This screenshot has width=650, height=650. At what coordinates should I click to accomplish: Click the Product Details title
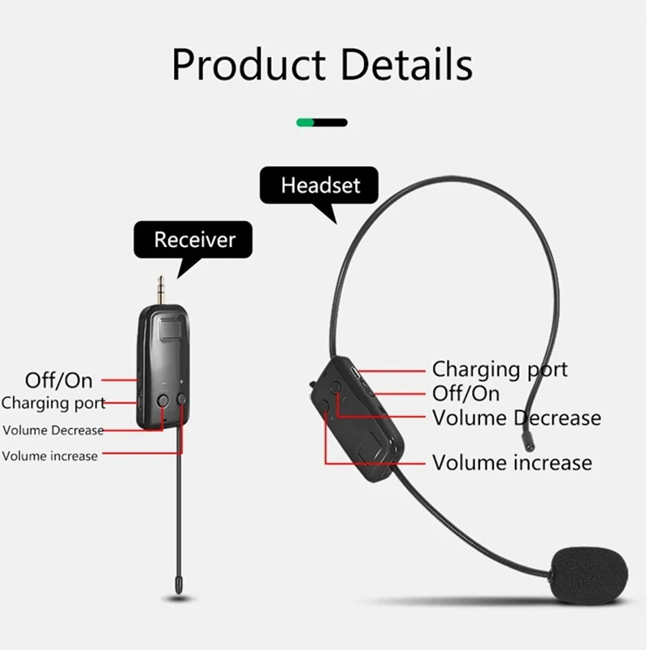(x=323, y=64)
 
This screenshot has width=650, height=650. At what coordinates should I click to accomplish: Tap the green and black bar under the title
(x=323, y=123)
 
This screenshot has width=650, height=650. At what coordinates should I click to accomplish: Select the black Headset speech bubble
(x=320, y=185)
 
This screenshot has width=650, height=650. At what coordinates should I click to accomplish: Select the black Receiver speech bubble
(x=194, y=240)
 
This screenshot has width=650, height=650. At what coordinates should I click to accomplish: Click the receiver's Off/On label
(x=58, y=379)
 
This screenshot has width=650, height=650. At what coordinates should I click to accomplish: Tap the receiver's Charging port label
(x=54, y=403)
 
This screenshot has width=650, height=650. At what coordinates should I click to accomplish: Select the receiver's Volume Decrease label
(x=54, y=430)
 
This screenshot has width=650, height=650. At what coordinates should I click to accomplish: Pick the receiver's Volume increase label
(x=50, y=456)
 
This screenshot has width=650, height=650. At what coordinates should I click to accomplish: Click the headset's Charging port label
(x=500, y=370)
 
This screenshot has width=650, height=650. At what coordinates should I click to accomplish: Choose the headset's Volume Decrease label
(x=517, y=418)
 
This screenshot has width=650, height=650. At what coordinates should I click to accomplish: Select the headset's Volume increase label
(x=512, y=463)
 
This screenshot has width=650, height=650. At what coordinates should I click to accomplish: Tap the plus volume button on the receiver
(x=181, y=399)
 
